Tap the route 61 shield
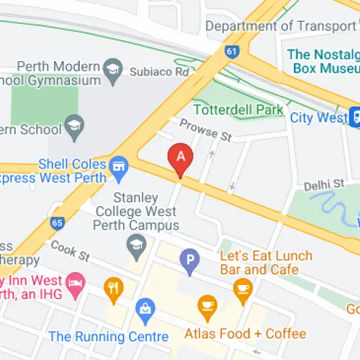pos(231,51)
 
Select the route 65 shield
pos(57,223)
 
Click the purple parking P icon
pos(189,258)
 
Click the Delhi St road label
pos(323,185)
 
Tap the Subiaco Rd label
pos(159,72)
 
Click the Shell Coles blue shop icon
pos(119,166)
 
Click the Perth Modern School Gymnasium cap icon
pos(112,70)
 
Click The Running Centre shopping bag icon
pos(145,310)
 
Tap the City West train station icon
pos(355,117)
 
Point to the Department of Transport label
pos(281,26)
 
